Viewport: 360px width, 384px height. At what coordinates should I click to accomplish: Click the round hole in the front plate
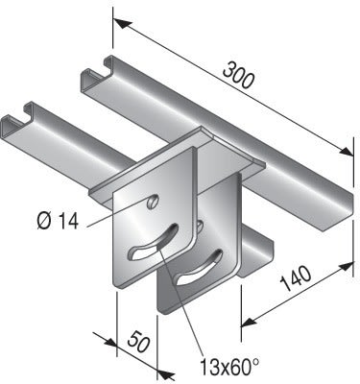(152, 203)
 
